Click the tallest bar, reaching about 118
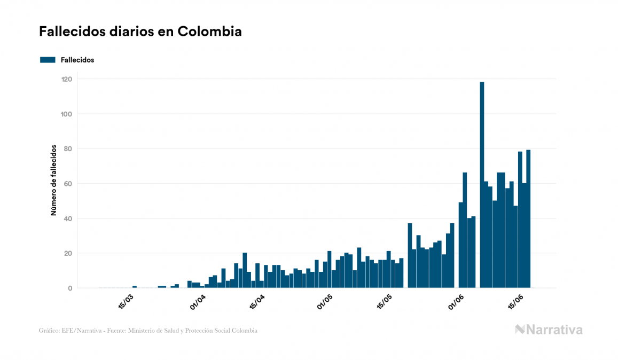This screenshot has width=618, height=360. click(482, 184)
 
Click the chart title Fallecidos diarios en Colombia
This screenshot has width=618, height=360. click(140, 32)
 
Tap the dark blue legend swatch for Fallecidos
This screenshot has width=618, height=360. click(48, 60)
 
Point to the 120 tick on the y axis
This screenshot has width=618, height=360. click(67, 79)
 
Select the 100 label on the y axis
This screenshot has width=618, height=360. click(67, 114)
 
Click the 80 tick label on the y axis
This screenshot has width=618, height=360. click(68, 148)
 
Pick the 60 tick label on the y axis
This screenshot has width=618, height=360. click(68, 184)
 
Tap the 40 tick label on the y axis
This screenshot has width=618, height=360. click(68, 218)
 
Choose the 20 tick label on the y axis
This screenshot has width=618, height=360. click(68, 253)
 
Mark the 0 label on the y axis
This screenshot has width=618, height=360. click(70, 288)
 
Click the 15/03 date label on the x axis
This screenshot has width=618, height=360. click(126, 301)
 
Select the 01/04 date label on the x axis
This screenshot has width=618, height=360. click(198, 301)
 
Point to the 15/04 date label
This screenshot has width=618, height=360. click(257, 301)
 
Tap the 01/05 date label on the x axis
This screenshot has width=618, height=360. click(325, 301)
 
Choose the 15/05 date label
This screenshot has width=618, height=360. click(385, 301)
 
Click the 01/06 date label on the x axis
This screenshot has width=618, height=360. click(456, 301)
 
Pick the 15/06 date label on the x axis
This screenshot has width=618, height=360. click(515, 301)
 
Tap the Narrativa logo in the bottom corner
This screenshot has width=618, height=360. click(549, 330)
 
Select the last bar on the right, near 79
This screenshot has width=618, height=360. click(528, 219)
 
